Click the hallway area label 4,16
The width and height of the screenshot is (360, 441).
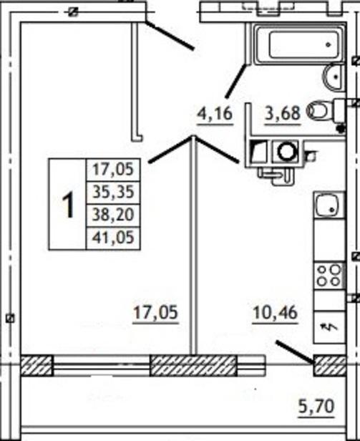pos(215,115)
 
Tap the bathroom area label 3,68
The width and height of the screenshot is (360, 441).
pos(283,115)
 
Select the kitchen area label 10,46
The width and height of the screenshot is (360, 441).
pos(275,313)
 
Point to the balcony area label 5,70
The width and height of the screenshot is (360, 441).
pos(316,406)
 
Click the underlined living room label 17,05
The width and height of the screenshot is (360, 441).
pos(155,313)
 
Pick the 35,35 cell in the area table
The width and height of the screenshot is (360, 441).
pos(113,193)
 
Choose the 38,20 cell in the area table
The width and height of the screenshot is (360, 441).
pos(113,215)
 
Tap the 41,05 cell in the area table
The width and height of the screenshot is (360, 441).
pos(113,238)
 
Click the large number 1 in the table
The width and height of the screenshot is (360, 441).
pos(68,205)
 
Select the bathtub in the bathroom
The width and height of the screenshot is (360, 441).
pos(299,44)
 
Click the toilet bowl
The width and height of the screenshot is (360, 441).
pos(318,110)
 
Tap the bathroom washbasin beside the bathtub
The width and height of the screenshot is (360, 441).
pos(334,77)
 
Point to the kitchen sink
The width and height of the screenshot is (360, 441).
pos(329,205)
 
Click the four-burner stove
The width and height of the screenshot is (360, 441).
pos(329,276)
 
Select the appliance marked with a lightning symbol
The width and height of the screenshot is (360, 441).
pos(329,326)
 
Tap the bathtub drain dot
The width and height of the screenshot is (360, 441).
pos(328,44)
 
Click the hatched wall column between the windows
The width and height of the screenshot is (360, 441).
pos(193,365)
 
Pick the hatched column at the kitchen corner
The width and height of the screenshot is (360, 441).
pos(330,365)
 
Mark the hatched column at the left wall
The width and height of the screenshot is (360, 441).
pos(37,365)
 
